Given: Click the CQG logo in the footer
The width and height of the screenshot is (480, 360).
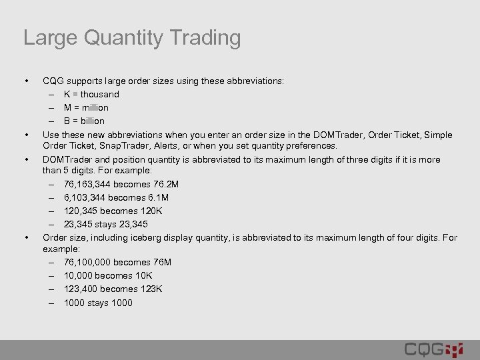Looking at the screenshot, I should tap(433, 349).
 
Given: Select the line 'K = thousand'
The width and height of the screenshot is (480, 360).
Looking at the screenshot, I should tap(91, 94).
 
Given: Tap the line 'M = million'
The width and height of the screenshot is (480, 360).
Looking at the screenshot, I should tap(86, 107).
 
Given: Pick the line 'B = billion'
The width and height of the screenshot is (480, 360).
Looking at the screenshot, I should tap(84, 121).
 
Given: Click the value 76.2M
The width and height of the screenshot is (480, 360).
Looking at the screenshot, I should tap(165, 184).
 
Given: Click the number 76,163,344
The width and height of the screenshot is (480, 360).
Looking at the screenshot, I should tap(89, 184).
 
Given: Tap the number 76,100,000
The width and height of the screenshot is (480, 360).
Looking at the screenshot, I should tap(89, 262).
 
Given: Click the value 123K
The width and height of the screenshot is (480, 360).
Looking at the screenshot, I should tap(151, 289).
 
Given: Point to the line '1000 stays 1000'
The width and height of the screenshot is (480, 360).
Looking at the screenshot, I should tap(98, 303).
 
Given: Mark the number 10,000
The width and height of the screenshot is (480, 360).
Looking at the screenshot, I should tap(78, 275).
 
